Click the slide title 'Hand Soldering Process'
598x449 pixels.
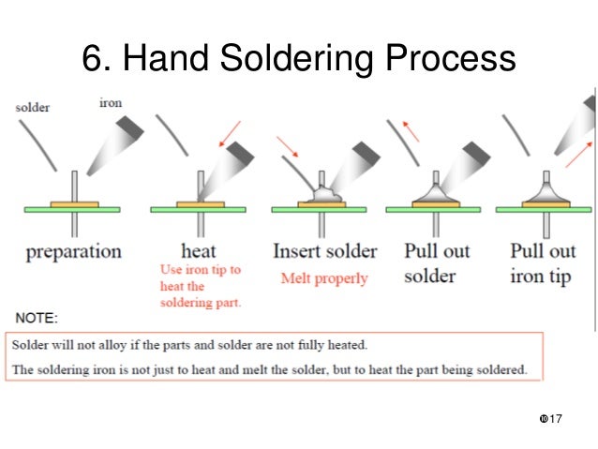pyautogui.click(x=298, y=60)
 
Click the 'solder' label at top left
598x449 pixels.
pyautogui.click(x=34, y=108)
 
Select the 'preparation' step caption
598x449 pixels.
pyautogui.click(x=73, y=251)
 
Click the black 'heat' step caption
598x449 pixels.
pyautogui.click(x=199, y=251)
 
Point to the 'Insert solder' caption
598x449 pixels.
pyautogui.click(x=324, y=251)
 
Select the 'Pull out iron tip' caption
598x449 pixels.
pyautogui.click(x=543, y=263)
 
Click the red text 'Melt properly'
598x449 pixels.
pyautogui.click(x=324, y=277)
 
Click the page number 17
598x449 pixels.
pyautogui.click(x=553, y=416)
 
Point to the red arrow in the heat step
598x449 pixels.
pyautogui.click(x=229, y=134)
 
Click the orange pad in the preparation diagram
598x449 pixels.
pyautogui.click(x=74, y=202)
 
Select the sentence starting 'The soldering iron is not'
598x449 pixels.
pyautogui.click(x=270, y=368)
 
